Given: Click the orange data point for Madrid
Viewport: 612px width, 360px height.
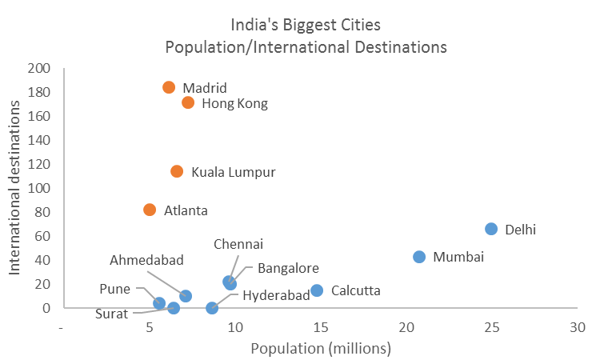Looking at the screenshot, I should click(169, 87).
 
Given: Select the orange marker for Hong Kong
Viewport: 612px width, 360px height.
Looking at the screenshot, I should click(188, 102).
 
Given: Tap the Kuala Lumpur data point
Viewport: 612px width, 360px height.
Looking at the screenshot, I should click(177, 171).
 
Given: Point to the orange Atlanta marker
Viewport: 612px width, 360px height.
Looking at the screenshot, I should click(150, 210).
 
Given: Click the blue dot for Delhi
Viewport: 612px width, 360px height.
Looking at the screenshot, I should click(491, 229).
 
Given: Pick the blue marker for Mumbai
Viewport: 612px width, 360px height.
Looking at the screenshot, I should click(419, 257).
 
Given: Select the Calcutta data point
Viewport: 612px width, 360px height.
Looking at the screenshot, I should click(317, 290).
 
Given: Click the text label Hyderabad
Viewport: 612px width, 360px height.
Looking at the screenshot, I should click(276, 295).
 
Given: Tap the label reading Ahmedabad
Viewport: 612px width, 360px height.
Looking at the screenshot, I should click(147, 260).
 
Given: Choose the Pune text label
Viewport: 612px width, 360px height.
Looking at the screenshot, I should click(115, 288).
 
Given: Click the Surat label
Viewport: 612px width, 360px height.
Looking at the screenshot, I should click(111, 314).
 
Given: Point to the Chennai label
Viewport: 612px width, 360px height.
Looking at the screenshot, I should click(238, 244).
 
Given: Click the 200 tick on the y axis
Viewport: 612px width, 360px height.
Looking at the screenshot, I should click(38, 69).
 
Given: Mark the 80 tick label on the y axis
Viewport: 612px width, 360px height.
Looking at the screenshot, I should click(41, 212).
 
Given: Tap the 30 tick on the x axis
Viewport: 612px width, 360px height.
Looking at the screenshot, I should click(577, 327).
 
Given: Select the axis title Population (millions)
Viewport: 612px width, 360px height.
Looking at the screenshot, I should click(320, 348).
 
